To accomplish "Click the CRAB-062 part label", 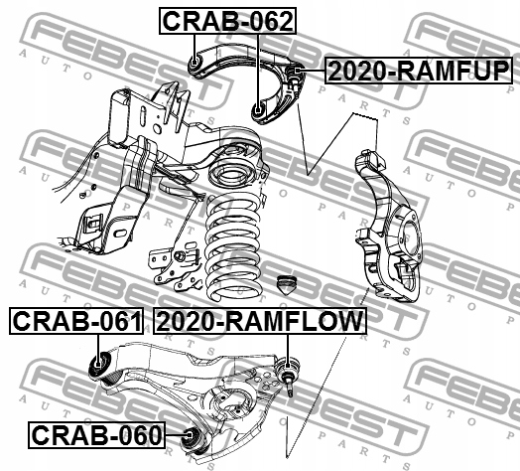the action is click(x=228, y=21).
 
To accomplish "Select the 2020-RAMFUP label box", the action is click(x=419, y=71).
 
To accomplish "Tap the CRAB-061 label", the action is click(x=77, y=321).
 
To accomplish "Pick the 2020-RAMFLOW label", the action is click(x=260, y=321).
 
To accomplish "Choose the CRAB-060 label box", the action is click(x=96, y=435).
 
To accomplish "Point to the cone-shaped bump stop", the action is click(x=287, y=285).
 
